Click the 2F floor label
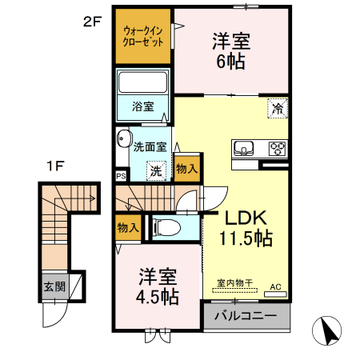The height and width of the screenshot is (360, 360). [x=93, y=22]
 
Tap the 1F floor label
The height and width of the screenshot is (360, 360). [x=54, y=166]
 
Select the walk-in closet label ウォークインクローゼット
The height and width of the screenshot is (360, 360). [x=143, y=36]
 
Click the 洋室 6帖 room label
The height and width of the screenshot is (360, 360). [x=229, y=49]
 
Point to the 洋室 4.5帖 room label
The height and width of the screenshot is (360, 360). [x=156, y=284]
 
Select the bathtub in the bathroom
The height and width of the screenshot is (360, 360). [x=143, y=83]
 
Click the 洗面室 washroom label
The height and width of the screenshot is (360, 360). [x=150, y=147]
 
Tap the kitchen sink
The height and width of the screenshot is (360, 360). [x=244, y=148]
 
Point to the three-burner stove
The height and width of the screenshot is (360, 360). [x=277, y=148]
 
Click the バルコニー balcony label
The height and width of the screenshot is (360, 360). [x=246, y=316]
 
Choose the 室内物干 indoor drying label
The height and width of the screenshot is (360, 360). [x=235, y=282]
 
